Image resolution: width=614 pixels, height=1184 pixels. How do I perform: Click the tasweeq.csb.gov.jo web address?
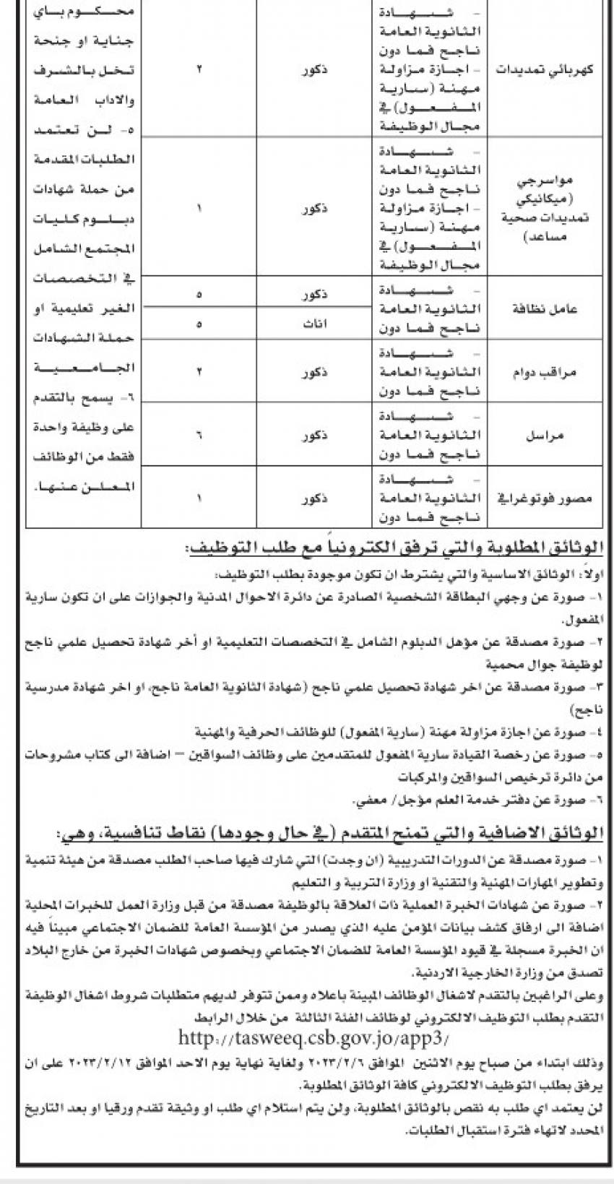312,1038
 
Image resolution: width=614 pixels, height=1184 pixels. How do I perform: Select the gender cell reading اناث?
314,324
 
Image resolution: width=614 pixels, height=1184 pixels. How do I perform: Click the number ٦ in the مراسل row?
199,436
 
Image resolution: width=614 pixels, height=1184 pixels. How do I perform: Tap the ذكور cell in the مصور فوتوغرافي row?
314,498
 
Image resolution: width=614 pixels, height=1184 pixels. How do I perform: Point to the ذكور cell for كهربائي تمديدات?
314,70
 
